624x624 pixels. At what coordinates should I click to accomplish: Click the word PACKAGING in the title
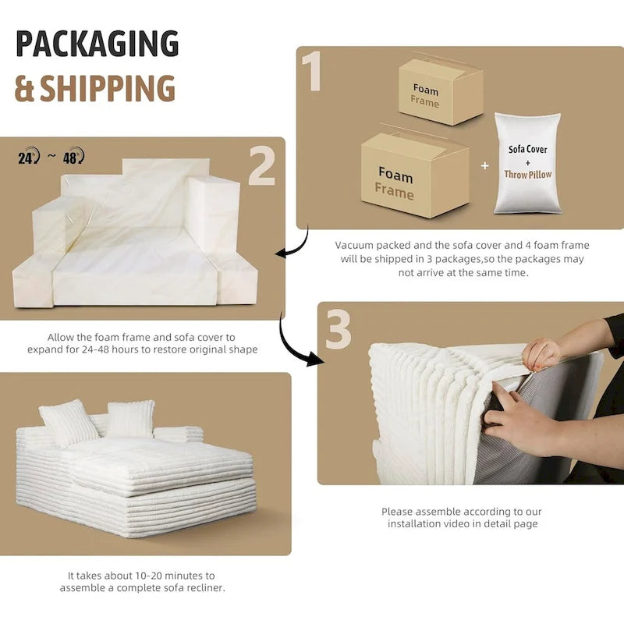pyautogui.click(x=97, y=44)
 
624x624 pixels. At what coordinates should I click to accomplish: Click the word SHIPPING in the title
pyautogui.click(x=108, y=88)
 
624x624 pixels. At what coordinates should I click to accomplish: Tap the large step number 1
pyautogui.click(x=312, y=71)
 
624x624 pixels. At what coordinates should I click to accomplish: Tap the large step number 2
pyautogui.click(x=262, y=165)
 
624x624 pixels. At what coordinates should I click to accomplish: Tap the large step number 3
pyautogui.click(x=339, y=330)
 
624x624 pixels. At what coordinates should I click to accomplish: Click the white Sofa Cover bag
pyautogui.click(x=527, y=163)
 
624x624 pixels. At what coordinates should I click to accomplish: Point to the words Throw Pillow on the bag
pyautogui.click(x=528, y=174)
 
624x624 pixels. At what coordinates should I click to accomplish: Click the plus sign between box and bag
pyautogui.click(x=484, y=165)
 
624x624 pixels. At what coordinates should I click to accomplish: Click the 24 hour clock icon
pyautogui.click(x=29, y=157)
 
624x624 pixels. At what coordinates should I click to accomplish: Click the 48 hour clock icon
pyautogui.click(x=73, y=156)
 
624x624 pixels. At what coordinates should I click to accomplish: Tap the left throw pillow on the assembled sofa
pyautogui.click(x=68, y=423)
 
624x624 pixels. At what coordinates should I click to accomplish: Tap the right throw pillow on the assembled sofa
pyautogui.click(x=129, y=419)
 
